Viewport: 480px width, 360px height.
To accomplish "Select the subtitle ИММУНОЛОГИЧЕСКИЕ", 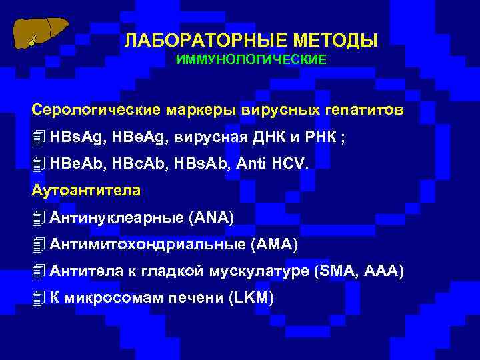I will (251, 60).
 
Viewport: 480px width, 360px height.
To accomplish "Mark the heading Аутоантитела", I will (86, 191).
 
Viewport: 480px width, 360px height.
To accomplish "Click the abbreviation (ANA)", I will (212, 218).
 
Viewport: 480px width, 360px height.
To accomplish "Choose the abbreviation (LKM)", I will (251, 298).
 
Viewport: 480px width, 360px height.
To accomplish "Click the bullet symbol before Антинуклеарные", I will (38, 218).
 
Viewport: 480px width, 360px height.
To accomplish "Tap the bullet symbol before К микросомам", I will (38, 298).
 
